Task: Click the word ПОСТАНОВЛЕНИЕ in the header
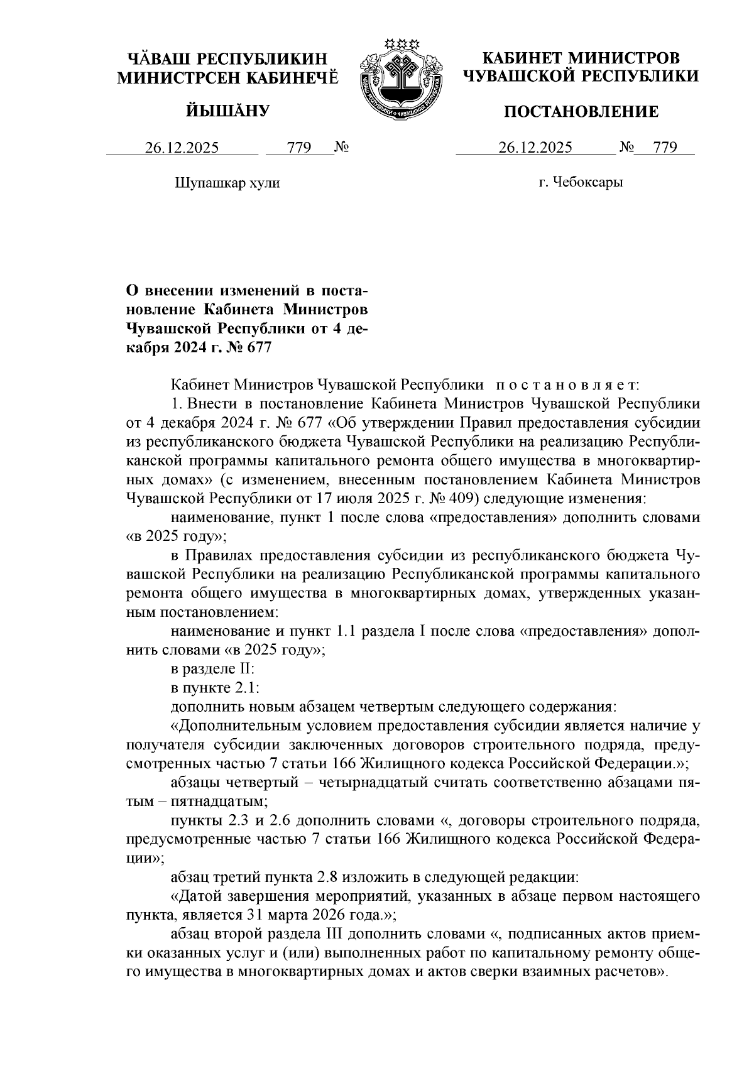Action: pyautogui.click(x=582, y=112)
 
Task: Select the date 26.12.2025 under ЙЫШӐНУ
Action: pyautogui.click(x=182, y=148)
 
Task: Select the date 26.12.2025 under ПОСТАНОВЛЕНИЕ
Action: pyautogui.click(x=535, y=148)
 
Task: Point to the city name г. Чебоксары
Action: pyautogui.click(x=581, y=183)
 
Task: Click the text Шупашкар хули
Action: pyautogui.click(x=227, y=183)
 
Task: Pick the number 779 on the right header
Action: pyautogui.click(x=665, y=148)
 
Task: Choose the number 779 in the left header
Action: pyautogui.click(x=299, y=148)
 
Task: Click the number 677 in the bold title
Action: pyautogui.click(x=259, y=347)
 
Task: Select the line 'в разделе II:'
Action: pyautogui.click(x=212, y=670)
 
